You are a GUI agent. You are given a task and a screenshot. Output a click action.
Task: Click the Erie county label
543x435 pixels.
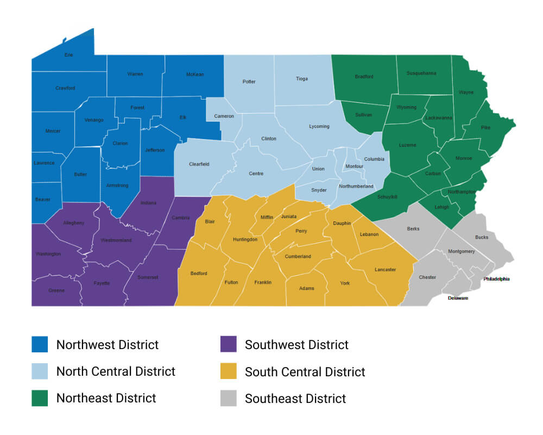point(68,55)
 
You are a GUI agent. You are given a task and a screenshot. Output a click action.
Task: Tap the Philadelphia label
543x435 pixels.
point(496,279)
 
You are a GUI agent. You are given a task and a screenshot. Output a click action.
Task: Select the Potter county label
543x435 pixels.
point(249,82)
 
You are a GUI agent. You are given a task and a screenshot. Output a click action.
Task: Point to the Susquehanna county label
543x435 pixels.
point(421,73)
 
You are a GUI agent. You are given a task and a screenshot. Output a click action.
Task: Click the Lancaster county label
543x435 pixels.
point(385,270)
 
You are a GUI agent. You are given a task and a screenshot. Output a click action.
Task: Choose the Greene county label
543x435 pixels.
point(56,290)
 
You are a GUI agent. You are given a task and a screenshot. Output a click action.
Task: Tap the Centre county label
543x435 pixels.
point(256,173)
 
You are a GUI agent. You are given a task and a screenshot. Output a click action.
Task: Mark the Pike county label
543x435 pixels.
point(485,127)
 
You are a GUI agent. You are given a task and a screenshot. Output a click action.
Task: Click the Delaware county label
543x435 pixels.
point(458,298)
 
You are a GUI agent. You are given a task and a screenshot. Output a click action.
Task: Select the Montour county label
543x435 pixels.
point(354,166)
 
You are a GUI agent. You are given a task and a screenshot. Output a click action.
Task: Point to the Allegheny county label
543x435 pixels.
point(73,223)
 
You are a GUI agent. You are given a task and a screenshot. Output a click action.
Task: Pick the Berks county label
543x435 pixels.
point(413,229)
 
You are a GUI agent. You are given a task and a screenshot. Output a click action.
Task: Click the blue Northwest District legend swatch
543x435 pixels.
point(40,345)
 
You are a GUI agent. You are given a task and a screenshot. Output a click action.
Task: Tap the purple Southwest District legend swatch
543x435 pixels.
point(229,345)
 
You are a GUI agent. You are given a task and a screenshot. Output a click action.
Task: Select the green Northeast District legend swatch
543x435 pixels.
point(40,398)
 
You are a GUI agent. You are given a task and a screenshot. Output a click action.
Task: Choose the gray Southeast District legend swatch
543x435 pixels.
point(229,398)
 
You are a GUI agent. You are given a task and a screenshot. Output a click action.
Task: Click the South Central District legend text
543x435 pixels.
point(305,372)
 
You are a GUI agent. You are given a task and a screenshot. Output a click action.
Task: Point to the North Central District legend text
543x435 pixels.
point(116,371)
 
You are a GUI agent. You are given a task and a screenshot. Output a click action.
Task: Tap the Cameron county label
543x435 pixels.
point(224,116)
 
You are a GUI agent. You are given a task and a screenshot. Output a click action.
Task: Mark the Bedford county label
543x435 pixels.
point(199,273)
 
